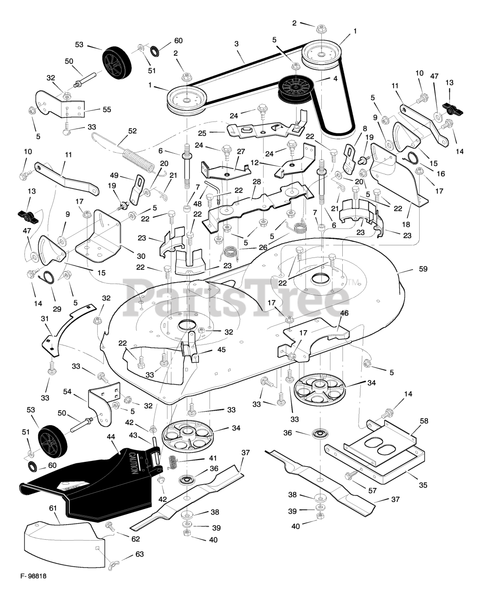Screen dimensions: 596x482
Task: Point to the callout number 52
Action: click(x=132, y=131)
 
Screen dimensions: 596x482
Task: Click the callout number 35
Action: click(x=422, y=485)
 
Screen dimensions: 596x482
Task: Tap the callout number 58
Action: click(x=423, y=421)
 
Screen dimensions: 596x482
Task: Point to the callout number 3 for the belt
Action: click(x=237, y=44)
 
